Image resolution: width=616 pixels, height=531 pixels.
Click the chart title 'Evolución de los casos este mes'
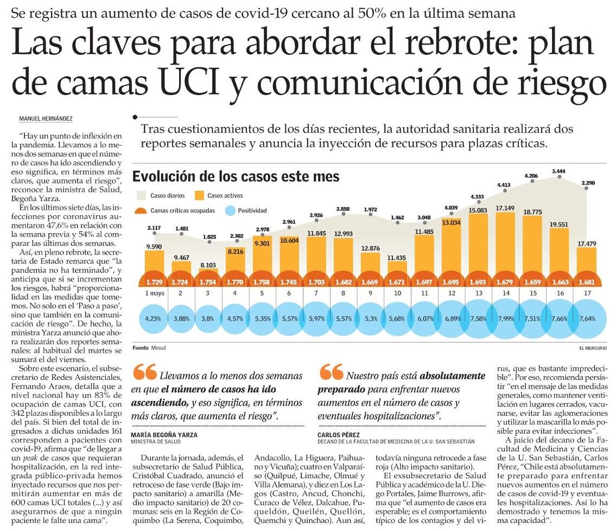[x=236, y=177]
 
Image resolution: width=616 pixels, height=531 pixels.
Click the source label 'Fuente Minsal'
[x=149, y=347]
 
